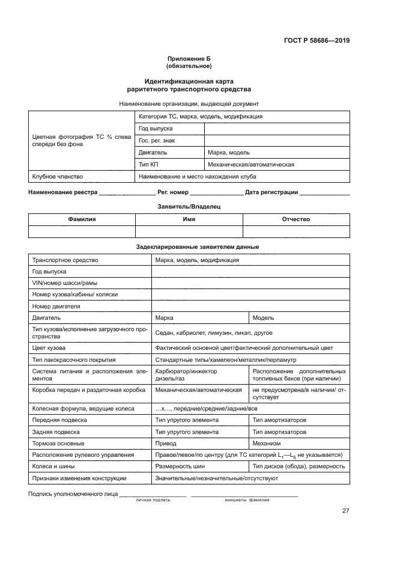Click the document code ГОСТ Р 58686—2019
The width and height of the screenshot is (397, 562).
(317, 41)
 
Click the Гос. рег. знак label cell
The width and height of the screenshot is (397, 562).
(153, 141)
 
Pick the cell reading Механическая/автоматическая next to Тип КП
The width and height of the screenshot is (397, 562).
(250, 164)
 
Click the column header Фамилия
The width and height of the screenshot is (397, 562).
(82, 219)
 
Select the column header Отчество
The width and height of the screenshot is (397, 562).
(295, 219)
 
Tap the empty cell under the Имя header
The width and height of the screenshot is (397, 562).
(189, 232)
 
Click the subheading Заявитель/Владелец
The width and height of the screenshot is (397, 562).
(189, 206)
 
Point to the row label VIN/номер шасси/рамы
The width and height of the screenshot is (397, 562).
(65, 283)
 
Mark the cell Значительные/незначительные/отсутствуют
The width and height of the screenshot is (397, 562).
(216, 478)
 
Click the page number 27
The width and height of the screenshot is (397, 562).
(345, 511)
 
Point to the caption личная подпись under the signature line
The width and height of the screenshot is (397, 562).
(153, 499)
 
